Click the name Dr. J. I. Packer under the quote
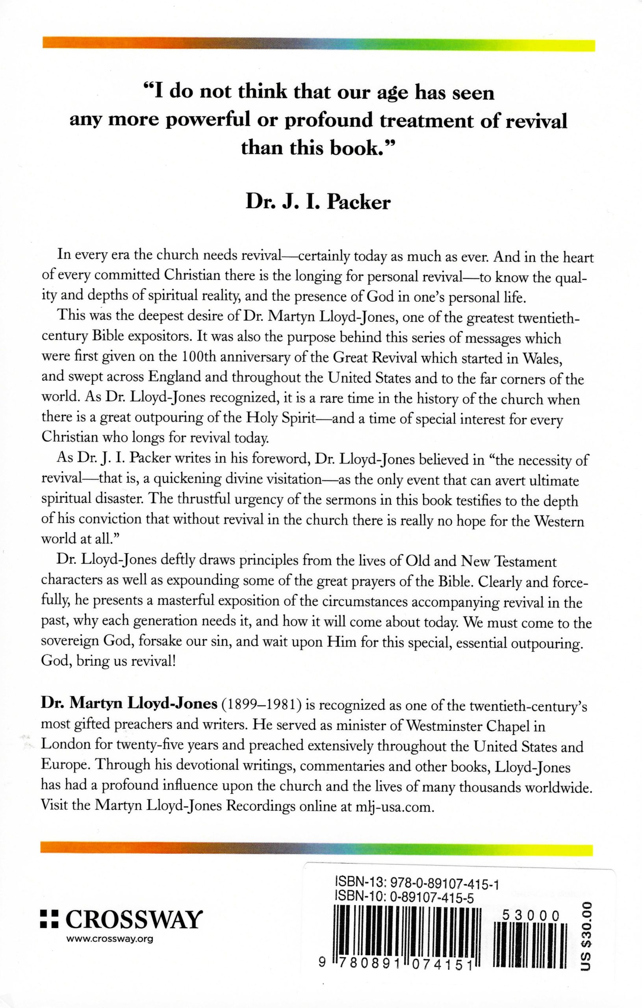pyautogui.click(x=318, y=203)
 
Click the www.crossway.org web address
pyautogui.click(x=110, y=939)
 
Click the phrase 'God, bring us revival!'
pyautogui.click(x=108, y=663)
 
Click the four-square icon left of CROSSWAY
pyautogui.click(x=48, y=921)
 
